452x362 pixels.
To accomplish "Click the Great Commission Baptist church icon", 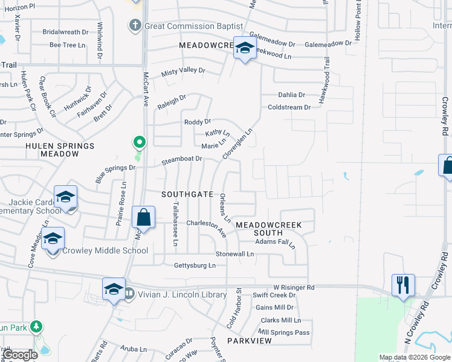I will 134,26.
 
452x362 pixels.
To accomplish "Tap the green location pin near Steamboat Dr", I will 140,143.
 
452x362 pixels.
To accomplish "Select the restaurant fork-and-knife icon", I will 403,284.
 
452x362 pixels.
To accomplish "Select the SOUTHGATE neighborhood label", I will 187,194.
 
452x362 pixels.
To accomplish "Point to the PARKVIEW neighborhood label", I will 247,341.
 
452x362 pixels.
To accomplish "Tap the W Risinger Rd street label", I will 294,287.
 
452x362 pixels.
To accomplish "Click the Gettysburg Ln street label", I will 195,265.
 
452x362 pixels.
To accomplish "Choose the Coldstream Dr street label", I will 289,107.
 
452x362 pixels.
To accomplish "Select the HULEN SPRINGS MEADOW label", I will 60,150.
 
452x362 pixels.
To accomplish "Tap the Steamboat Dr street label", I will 181,160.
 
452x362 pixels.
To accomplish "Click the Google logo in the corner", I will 20,355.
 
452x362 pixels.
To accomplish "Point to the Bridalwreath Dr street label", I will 65,31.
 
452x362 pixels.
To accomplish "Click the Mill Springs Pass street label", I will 283,332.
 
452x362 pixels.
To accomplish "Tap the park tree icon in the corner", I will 37,327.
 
